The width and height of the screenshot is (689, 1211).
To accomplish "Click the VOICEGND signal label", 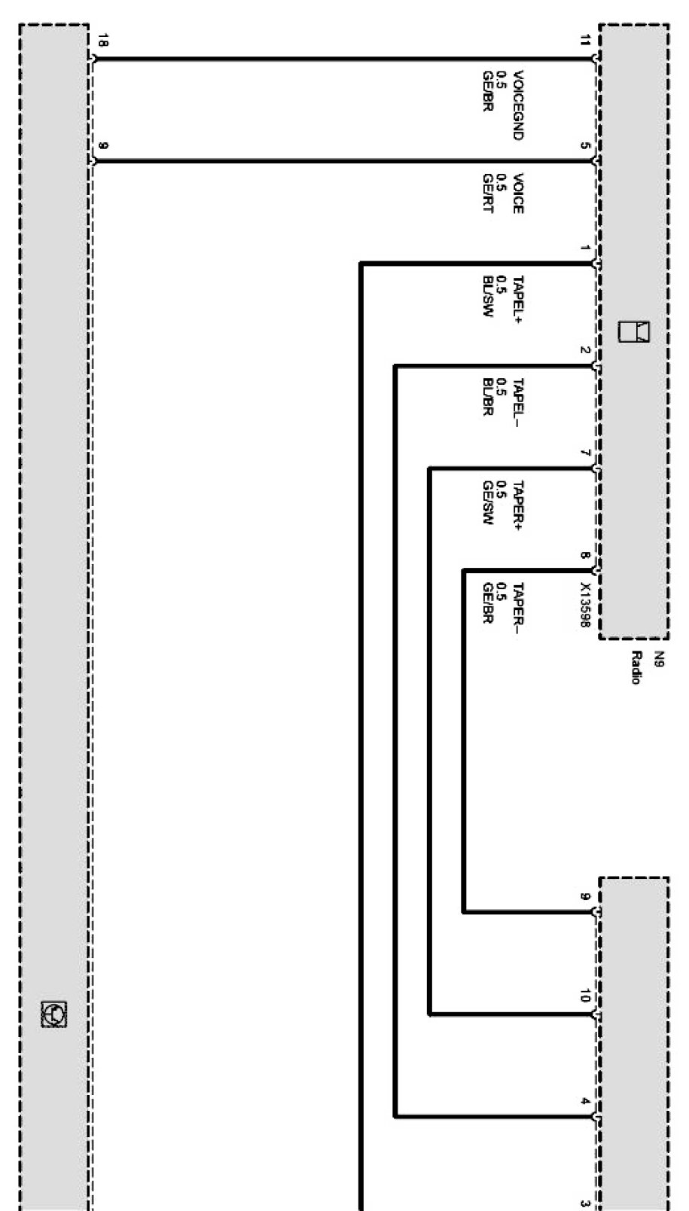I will (x=517, y=105).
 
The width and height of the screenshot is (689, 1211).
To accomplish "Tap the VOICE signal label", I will (x=517, y=194).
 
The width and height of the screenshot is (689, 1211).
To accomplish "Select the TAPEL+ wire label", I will (x=517, y=297).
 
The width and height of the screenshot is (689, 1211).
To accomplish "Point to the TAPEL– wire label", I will (x=517, y=399).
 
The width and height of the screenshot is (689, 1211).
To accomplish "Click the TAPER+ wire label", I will (x=517, y=504).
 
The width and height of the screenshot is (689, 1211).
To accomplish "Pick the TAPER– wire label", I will (x=517, y=607).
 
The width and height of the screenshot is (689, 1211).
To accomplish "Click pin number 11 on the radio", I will (x=585, y=41).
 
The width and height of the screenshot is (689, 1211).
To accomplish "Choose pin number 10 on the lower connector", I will (x=585, y=996).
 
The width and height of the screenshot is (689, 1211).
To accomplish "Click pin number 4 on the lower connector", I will (x=585, y=1100).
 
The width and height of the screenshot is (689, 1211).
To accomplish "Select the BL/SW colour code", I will (x=487, y=297).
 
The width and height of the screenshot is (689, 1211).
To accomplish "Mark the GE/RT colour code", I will (x=487, y=194).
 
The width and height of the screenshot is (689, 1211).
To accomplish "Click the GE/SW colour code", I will (x=487, y=504).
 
